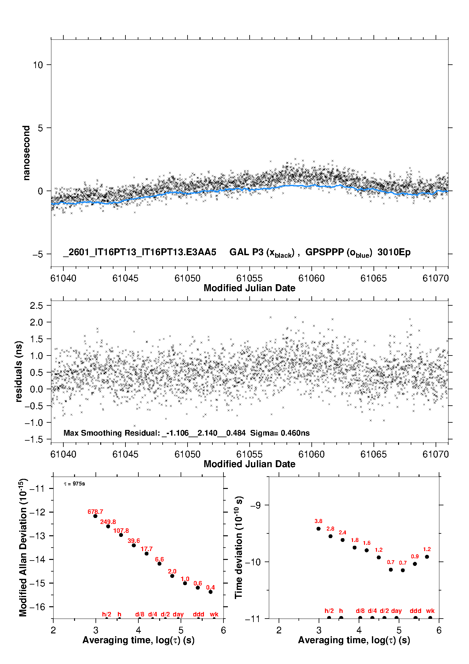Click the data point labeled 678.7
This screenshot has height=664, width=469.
[95, 516]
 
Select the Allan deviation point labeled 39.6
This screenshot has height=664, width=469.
[134, 545]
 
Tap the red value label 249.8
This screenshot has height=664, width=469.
[108, 522]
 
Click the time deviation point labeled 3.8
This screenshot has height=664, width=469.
[318, 529]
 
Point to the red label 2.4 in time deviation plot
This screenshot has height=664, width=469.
[342, 532]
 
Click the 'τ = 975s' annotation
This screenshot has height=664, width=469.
[74, 484]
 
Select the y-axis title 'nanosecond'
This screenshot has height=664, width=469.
[26, 153]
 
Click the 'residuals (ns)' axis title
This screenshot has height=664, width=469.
[19, 372]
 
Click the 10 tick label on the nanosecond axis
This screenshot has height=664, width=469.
[38, 65]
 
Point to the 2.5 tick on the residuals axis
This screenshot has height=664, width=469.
[36, 306]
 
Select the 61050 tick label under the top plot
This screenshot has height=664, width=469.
[187, 279]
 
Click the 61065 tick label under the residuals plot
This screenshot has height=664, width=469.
[373, 455]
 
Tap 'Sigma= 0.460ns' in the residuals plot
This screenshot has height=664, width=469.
[280, 433]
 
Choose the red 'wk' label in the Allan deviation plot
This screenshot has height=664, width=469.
[214, 614]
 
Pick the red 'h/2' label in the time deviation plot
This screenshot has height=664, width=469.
[329, 611]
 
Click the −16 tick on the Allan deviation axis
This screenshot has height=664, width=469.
[37, 607]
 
